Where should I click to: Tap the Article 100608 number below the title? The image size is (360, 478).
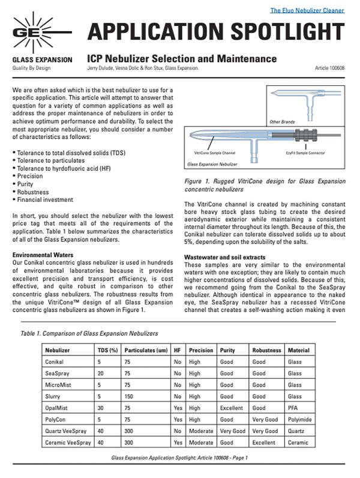tap(329, 69)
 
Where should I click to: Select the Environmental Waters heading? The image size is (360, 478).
tap(43, 255)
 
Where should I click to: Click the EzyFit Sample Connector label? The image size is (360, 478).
tap(305, 154)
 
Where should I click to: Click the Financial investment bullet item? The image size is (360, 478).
tap(45, 199)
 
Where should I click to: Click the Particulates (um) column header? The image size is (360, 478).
tap(146, 350)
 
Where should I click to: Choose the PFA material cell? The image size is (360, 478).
tap(293, 408)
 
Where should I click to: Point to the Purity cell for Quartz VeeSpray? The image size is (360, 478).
tap(233, 431)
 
